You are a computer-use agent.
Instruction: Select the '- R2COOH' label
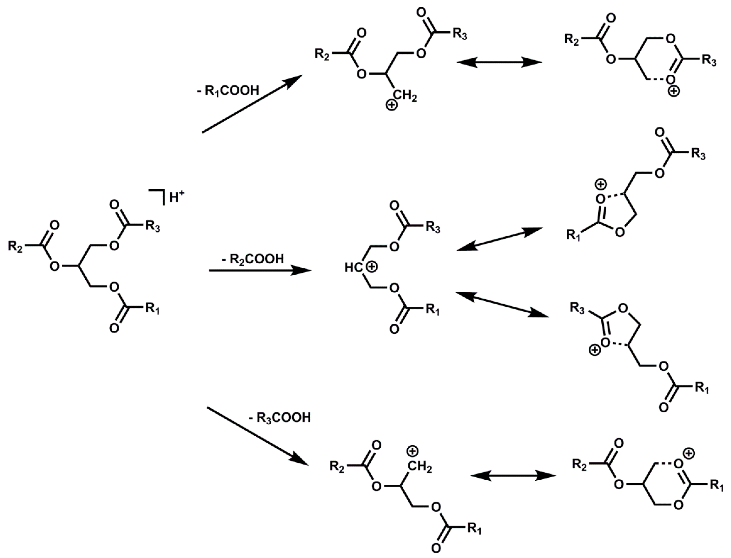click(x=253, y=259)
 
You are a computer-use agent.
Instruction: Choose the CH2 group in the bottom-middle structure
click(x=420, y=467)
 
